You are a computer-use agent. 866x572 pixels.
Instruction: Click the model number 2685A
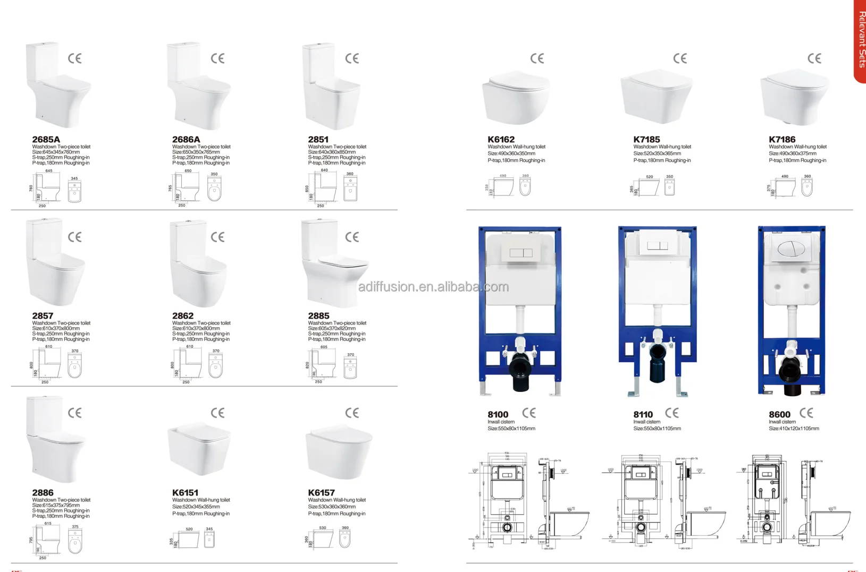(x=46, y=140)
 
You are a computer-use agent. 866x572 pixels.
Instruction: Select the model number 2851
(x=318, y=140)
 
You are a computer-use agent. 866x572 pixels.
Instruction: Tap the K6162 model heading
(x=501, y=140)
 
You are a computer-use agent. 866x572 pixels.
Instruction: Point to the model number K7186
(x=782, y=140)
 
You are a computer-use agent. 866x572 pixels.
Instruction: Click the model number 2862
(x=182, y=316)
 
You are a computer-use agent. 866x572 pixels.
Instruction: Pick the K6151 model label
(x=185, y=493)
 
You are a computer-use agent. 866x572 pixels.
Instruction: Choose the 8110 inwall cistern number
(x=643, y=415)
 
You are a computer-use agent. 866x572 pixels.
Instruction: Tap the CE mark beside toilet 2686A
(x=217, y=58)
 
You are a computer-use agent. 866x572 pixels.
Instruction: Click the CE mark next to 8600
(x=806, y=413)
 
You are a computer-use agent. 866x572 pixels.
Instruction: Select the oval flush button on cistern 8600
(x=791, y=249)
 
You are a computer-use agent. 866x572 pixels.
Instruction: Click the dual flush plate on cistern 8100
(x=520, y=253)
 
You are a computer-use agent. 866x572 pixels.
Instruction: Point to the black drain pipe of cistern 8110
(x=657, y=361)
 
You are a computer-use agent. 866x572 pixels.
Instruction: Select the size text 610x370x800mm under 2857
(x=56, y=329)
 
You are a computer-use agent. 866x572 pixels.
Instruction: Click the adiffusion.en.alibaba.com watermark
(x=433, y=287)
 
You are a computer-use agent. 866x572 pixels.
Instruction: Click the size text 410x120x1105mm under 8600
(x=794, y=429)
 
